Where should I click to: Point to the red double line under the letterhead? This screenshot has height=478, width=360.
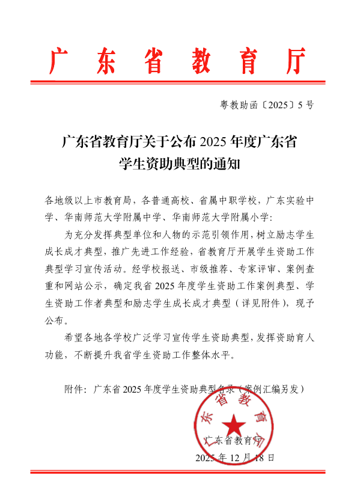(x=180, y=82)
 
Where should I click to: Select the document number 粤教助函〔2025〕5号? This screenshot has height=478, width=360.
(x=267, y=105)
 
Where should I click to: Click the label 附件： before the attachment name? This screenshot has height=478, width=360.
(x=76, y=388)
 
